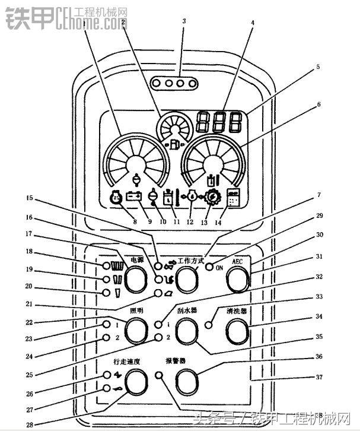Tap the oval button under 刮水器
pos(187,329)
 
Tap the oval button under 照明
pos(135,329)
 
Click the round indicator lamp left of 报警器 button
pos(158,375)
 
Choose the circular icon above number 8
pos(114,198)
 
